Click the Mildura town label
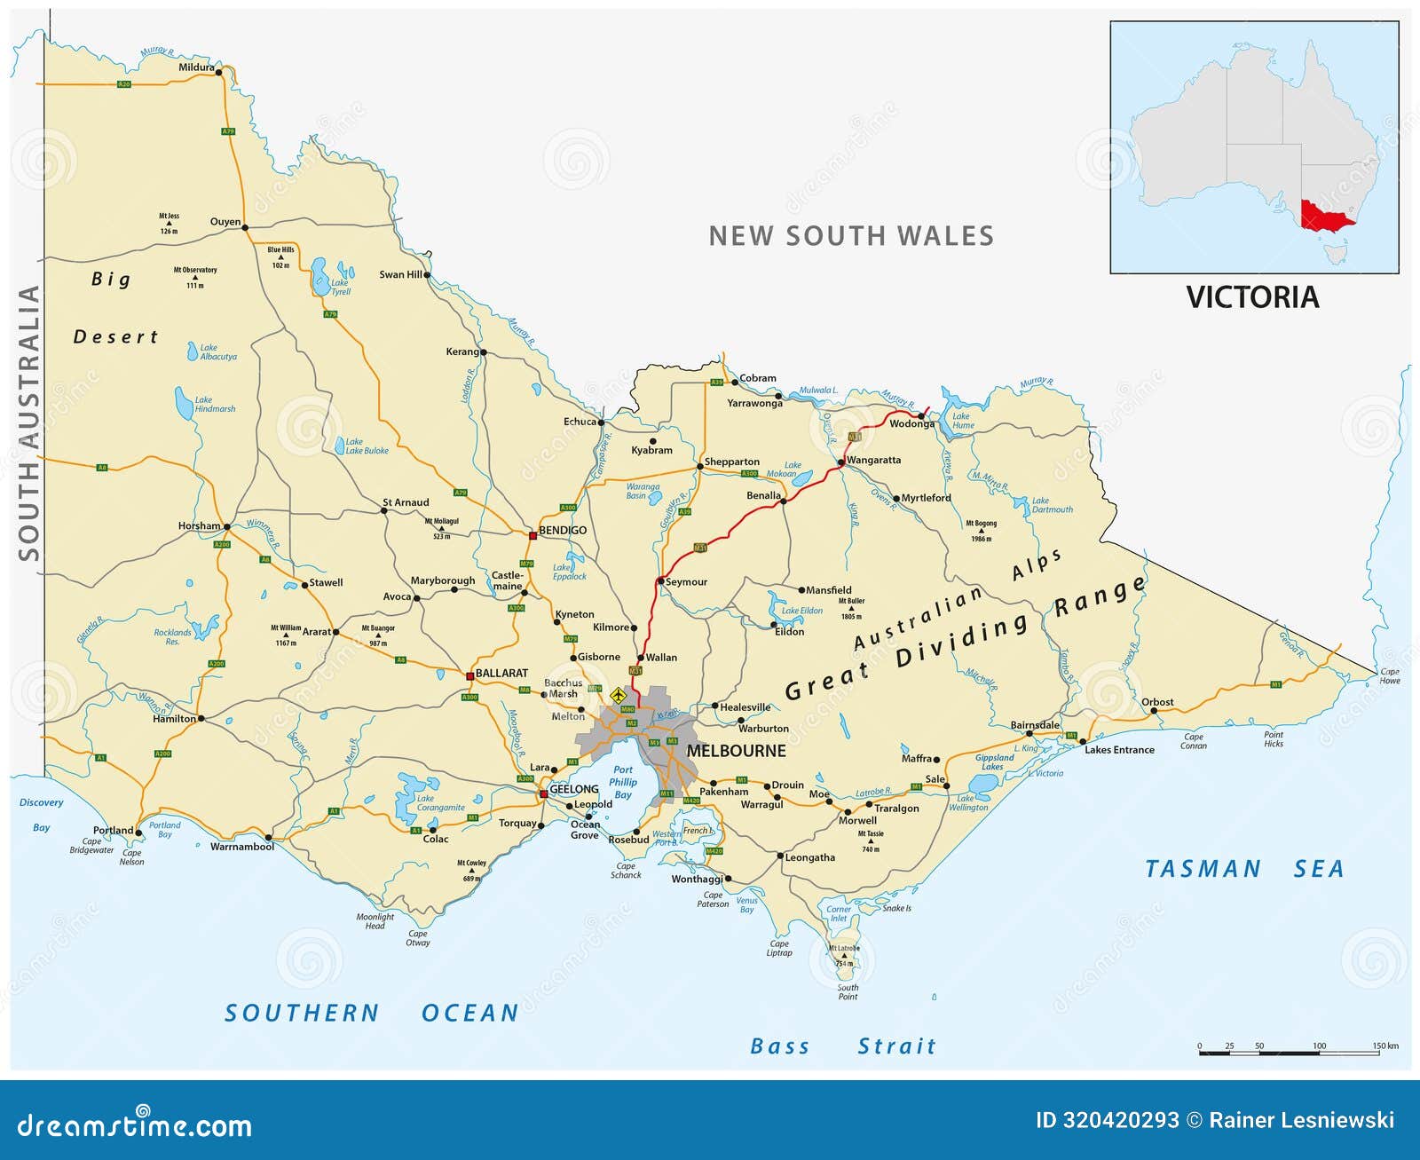pyautogui.click(x=196, y=67)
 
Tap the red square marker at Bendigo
pyautogui.click(x=532, y=535)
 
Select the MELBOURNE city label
pyautogui.click(x=736, y=751)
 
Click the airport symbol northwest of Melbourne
pyautogui.click(x=618, y=693)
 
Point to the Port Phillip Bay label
pyautogui.click(x=623, y=782)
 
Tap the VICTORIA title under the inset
pyautogui.click(x=1252, y=297)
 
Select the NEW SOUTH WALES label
pyautogui.click(x=851, y=236)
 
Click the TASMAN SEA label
pyautogui.click(x=1243, y=869)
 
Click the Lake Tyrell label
pyautogui.click(x=341, y=287)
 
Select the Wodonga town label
pyautogui.click(x=911, y=424)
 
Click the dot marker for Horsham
pyautogui.click(x=226, y=526)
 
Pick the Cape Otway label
pyautogui.click(x=417, y=938)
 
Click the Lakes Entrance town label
pyautogui.click(x=1119, y=750)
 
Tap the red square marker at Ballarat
pyautogui.click(x=469, y=676)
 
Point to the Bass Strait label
pyautogui.click(x=842, y=1046)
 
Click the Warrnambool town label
pyautogui.click(x=241, y=847)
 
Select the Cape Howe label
pyautogui.click(x=1389, y=676)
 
